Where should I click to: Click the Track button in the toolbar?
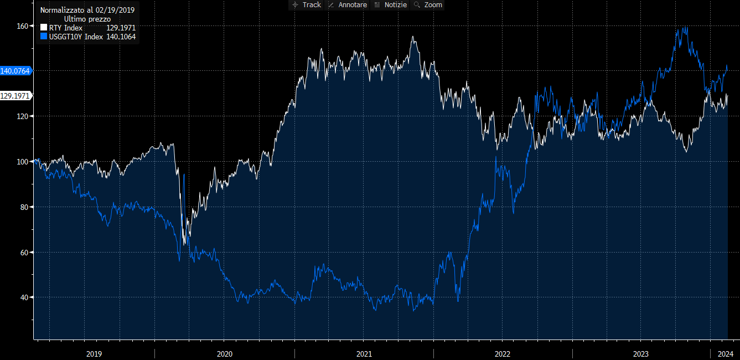pos(306,4)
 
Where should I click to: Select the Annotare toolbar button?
pos(348,4)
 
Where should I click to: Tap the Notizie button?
pos(391,4)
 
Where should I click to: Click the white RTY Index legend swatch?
pos(44,28)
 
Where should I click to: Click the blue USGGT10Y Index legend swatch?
pos(44,37)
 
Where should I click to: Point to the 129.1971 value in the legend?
pos(121,28)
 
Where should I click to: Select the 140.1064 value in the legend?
pos(121,37)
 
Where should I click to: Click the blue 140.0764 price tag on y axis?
pos(15,71)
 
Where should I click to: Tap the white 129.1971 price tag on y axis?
pos(15,96)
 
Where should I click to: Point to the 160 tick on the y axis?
pos(22,26)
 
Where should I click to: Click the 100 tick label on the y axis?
pos(22,162)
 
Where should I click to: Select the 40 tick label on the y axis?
pos(24,297)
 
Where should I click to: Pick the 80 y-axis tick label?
pos(24,207)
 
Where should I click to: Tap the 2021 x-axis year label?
pos(364,354)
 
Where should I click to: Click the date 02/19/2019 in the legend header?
pos(115,10)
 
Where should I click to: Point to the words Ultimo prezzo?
pos(87,19)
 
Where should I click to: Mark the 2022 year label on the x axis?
pos(503,354)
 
